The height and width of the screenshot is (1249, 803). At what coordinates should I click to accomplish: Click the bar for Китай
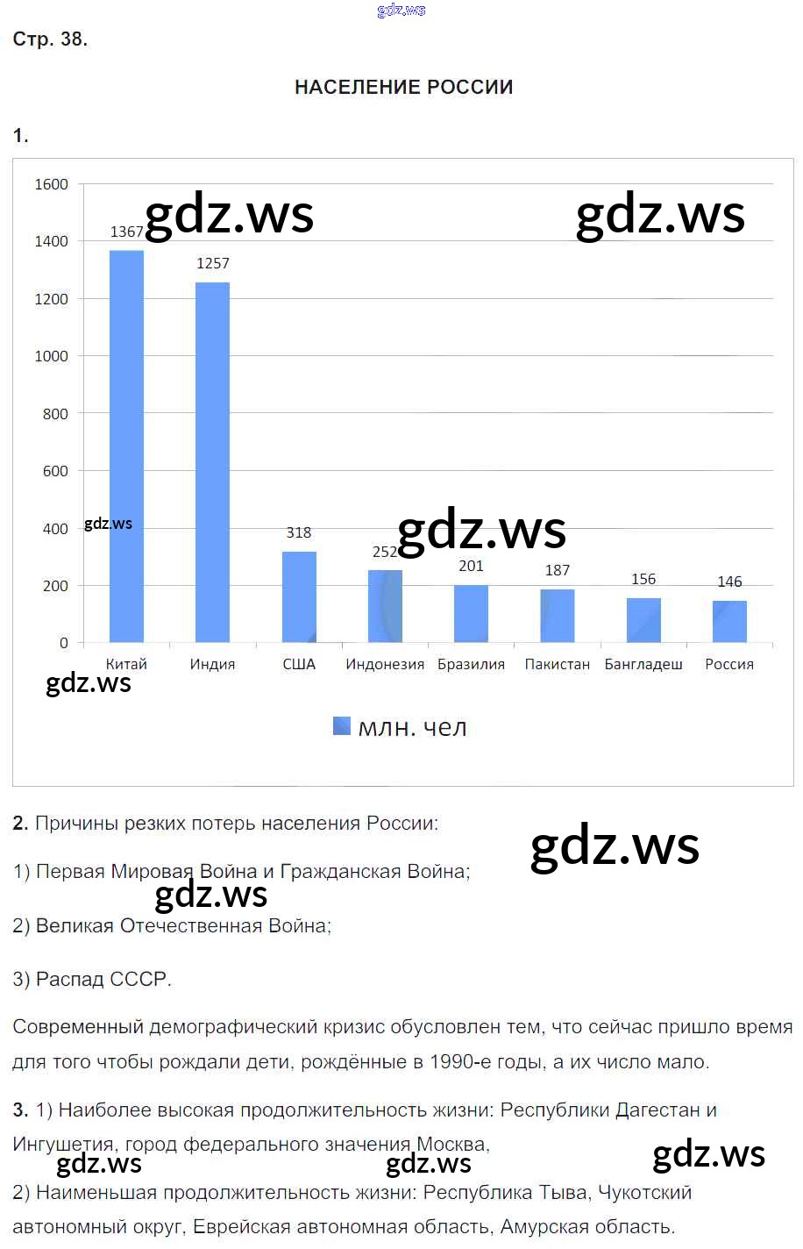126,446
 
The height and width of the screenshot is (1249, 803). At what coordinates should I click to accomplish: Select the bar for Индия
212,462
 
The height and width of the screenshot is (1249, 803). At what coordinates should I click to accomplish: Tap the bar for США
299,596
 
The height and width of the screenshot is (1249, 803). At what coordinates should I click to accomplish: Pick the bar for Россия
729,622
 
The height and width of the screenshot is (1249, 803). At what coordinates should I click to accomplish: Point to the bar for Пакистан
558,616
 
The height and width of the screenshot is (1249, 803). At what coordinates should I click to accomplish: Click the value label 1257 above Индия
213,263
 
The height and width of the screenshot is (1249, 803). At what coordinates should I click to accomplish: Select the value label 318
299,532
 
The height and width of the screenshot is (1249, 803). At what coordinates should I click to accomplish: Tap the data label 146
729,582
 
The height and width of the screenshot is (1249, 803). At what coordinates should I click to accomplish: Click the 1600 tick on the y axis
51,184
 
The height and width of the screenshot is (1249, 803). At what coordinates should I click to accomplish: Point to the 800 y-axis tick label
55,414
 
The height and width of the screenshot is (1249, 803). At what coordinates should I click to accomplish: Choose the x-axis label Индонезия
385,664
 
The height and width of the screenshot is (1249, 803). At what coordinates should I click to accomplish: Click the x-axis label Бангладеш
643,664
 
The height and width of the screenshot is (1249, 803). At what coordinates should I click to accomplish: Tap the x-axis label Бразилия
472,664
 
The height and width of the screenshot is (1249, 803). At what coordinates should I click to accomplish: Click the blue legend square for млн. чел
342,725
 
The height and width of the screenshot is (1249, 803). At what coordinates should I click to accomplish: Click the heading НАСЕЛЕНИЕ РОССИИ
403,87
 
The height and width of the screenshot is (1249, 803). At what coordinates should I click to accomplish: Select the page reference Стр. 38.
50,39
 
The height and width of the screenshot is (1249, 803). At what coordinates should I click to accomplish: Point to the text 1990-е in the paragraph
460,1061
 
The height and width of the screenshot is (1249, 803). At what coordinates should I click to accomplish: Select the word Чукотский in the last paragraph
644,1192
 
